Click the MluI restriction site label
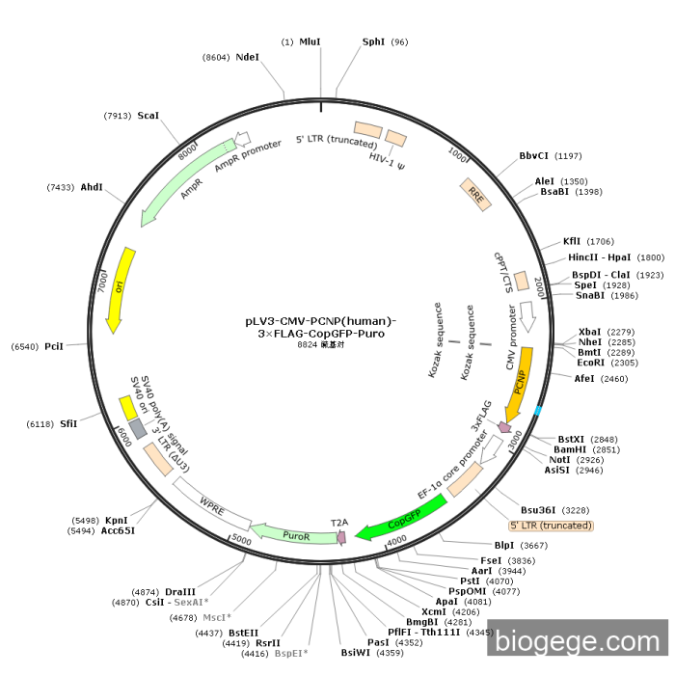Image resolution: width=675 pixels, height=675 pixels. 310,42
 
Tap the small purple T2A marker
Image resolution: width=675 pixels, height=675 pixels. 339,536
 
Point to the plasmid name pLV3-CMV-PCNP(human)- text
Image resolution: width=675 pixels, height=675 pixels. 320,320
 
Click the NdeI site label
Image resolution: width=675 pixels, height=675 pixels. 247,57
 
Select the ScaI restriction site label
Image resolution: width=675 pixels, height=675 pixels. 148,116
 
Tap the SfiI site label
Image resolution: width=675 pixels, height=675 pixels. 67,422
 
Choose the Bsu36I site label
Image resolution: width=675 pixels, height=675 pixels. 541,510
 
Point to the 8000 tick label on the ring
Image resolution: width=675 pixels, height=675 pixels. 187,152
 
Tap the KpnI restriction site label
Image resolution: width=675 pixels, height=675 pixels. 117,520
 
